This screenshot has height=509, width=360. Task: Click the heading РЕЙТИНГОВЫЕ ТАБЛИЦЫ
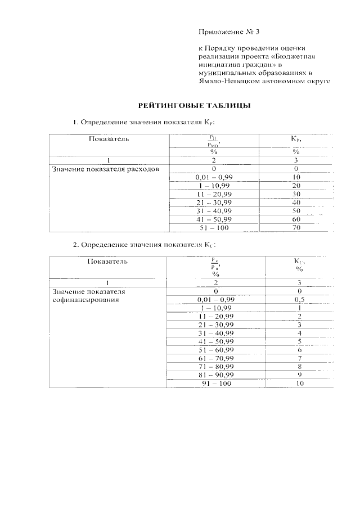point(194,105)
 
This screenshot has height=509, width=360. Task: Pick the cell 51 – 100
point(214,228)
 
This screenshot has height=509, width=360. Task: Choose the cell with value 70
point(296,228)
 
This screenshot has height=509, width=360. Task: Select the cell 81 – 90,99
point(215,375)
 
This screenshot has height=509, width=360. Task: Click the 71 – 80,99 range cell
point(215,367)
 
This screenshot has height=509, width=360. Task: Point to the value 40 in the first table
point(296,202)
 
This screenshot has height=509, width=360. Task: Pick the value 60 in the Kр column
point(296,219)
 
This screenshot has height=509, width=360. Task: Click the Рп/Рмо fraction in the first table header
point(214,140)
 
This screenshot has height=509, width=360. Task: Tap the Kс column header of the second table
point(300,263)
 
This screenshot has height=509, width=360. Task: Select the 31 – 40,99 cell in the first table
point(214,211)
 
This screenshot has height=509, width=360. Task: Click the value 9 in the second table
point(300,375)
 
